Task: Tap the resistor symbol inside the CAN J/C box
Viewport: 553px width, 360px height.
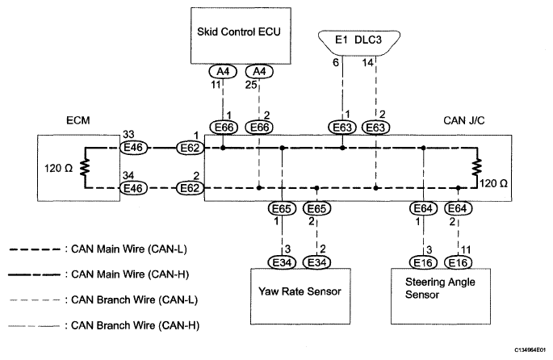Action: click(x=478, y=168)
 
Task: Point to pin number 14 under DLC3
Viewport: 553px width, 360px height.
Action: click(x=369, y=62)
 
